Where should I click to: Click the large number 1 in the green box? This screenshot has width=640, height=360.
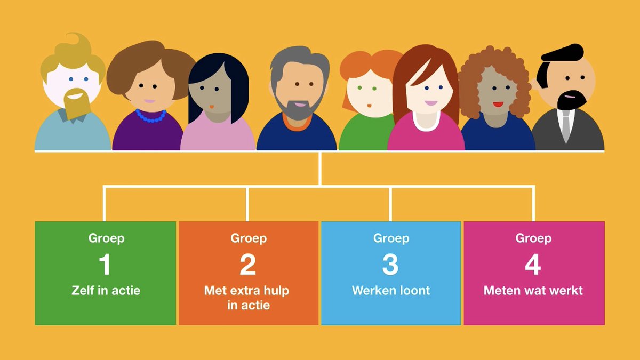click(x=105, y=265)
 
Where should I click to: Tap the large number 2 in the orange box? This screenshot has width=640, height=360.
click(x=247, y=265)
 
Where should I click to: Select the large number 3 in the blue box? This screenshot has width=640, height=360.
click(x=390, y=265)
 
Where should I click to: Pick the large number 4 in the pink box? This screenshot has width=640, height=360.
click(x=533, y=265)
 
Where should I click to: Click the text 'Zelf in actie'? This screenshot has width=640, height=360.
click(x=106, y=291)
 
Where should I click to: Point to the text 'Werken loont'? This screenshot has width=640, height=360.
click(x=391, y=291)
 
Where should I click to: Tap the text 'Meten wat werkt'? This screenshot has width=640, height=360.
click(x=533, y=291)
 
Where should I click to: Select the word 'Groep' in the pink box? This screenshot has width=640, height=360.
click(x=533, y=238)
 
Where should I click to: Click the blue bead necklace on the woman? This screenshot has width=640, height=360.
click(x=151, y=116)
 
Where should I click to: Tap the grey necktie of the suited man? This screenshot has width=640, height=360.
click(x=566, y=126)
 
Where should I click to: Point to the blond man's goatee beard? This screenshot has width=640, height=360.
click(x=77, y=103)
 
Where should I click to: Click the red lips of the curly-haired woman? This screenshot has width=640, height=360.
click(x=498, y=105)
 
